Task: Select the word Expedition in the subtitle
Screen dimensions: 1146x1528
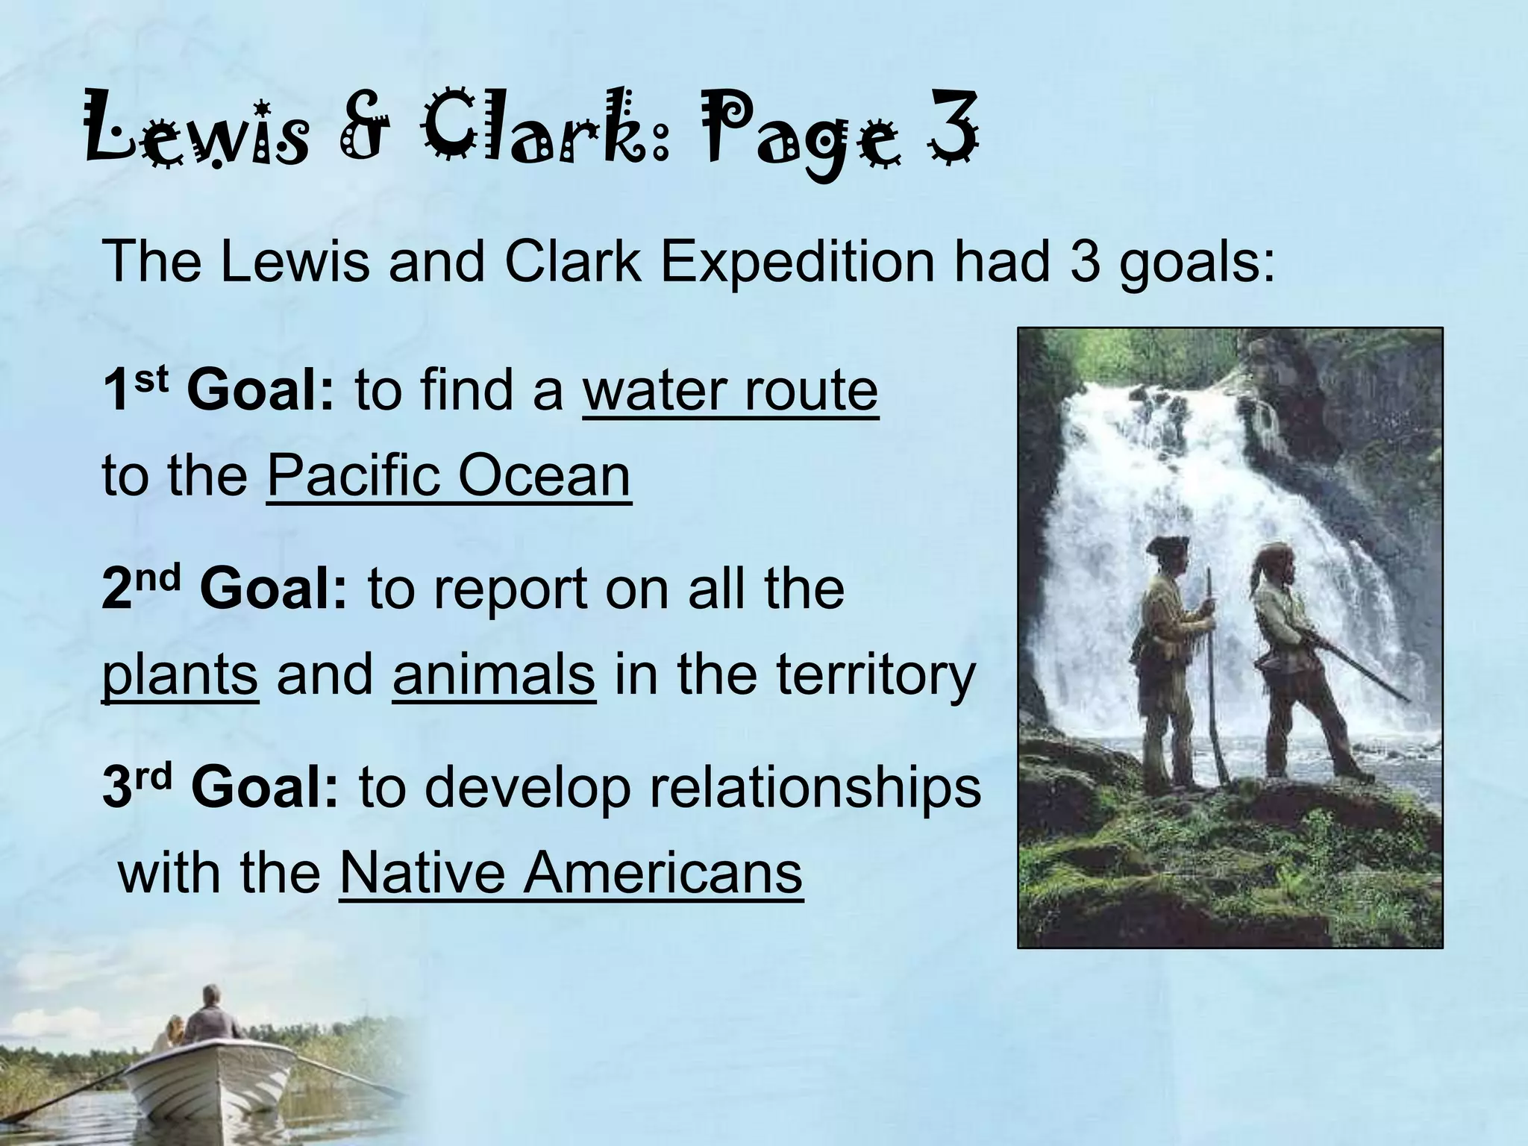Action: pyautogui.click(x=795, y=262)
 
